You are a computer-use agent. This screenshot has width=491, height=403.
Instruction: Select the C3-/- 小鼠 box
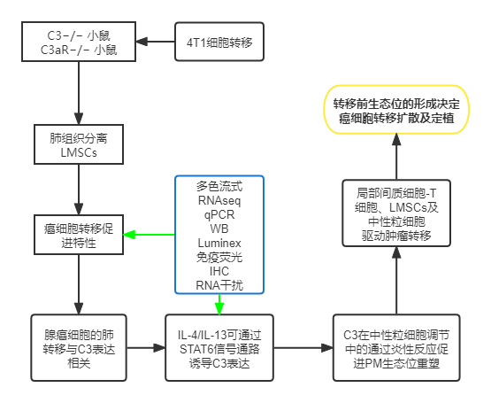click(x=79, y=43)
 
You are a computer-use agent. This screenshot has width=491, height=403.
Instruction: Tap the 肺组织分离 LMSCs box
click(x=79, y=145)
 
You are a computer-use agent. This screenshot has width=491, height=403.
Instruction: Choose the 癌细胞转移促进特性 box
click(x=79, y=235)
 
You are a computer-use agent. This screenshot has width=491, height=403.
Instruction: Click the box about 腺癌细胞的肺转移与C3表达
click(x=79, y=345)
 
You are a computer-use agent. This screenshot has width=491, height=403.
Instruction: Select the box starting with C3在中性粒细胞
click(x=395, y=345)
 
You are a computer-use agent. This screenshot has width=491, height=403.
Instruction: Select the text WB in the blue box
click(x=218, y=229)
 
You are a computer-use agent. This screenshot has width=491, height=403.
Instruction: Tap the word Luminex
click(x=218, y=243)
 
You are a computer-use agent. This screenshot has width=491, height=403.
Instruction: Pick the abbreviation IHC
click(x=218, y=271)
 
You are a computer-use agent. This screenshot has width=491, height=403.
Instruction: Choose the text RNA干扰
click(x=218, y=285)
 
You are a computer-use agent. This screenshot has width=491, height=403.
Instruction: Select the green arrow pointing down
click(x=218, y=303)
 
